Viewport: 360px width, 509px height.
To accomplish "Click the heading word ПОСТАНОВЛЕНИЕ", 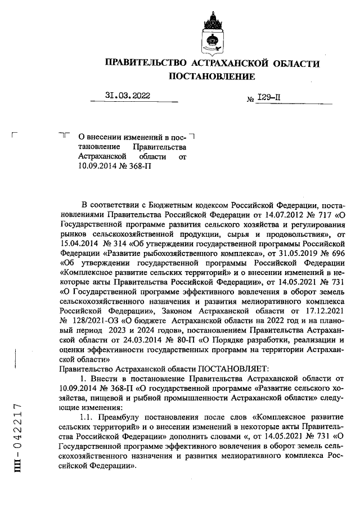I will pyautogui.click(x=211, y=76).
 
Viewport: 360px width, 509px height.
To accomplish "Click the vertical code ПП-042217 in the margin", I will pyautogui.click(x=18, y=438).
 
